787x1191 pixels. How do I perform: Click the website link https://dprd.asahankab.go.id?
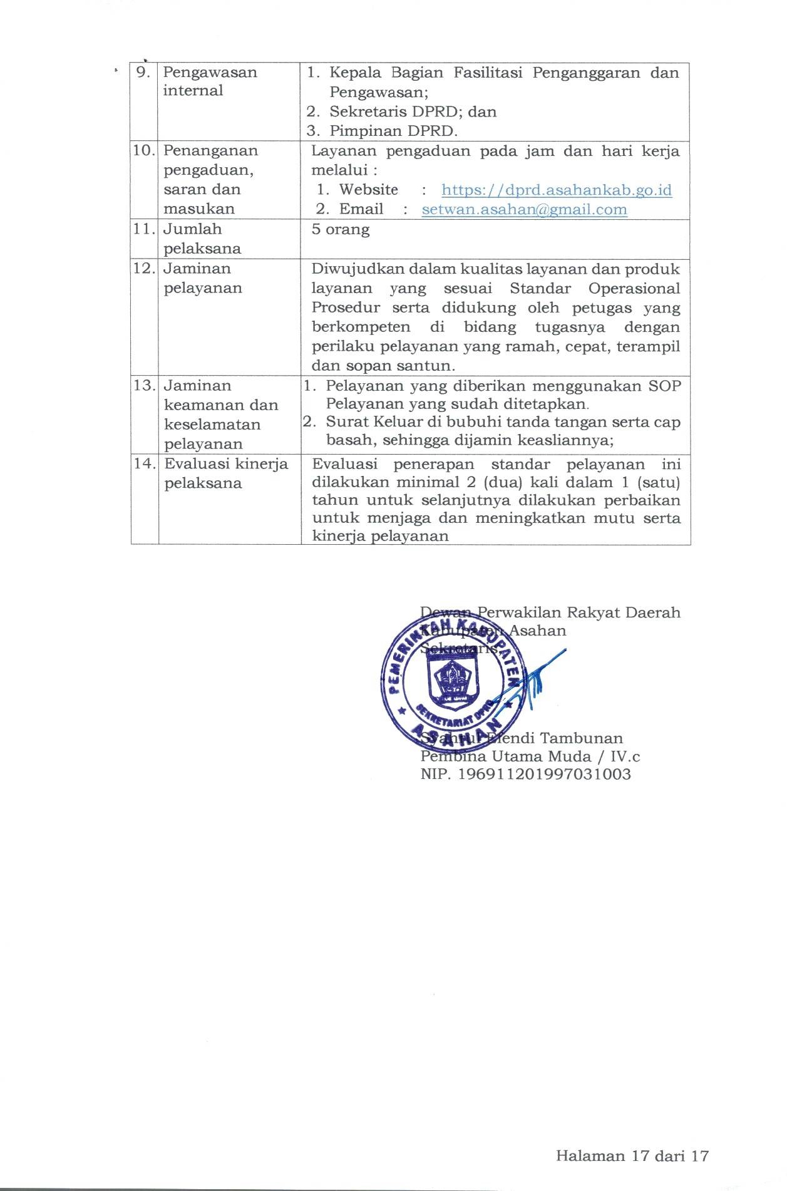tap(556, 190)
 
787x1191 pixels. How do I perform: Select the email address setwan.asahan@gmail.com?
tap(524, 209)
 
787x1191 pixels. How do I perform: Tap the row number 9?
tap(143, 72)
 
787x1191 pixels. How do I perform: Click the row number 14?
tap(144, 463)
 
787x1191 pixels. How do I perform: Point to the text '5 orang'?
tap(341, 229)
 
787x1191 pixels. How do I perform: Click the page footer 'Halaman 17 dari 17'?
tap(632, 1155)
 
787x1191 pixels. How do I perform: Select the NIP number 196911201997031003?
tap(544, 774)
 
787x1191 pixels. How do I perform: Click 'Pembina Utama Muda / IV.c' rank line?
tap(530, 756)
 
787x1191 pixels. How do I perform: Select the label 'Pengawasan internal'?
tap(209, 81)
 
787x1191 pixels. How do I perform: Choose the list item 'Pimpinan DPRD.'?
tap(393, 131)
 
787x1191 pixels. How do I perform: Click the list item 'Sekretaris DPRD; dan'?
tap(413, 111)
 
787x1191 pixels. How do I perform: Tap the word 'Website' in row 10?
tap(368, 190)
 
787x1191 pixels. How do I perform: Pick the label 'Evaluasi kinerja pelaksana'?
tap(225, 473)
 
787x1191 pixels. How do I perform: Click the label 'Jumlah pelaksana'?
tap(202, 239)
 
